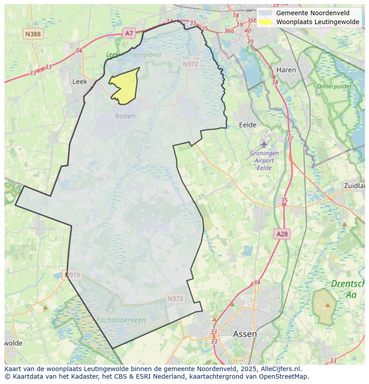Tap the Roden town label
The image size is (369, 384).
point(125,116)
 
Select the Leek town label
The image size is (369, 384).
point(79,82)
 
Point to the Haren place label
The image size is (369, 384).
point(286,70)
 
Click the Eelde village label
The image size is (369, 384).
point(248,125)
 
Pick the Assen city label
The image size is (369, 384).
point(245,334)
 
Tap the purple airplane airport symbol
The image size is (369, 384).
point(264,144)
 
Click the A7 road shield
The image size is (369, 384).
point(129,33)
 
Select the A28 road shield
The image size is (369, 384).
point(282,234)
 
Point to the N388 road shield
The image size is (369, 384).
point(33,34)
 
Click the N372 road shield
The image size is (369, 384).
point(190,64)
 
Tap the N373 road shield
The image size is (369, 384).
point(175,298)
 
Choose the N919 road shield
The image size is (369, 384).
point(72,275)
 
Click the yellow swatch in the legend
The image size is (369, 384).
point(266,22)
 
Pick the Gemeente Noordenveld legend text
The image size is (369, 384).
point(312,13)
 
